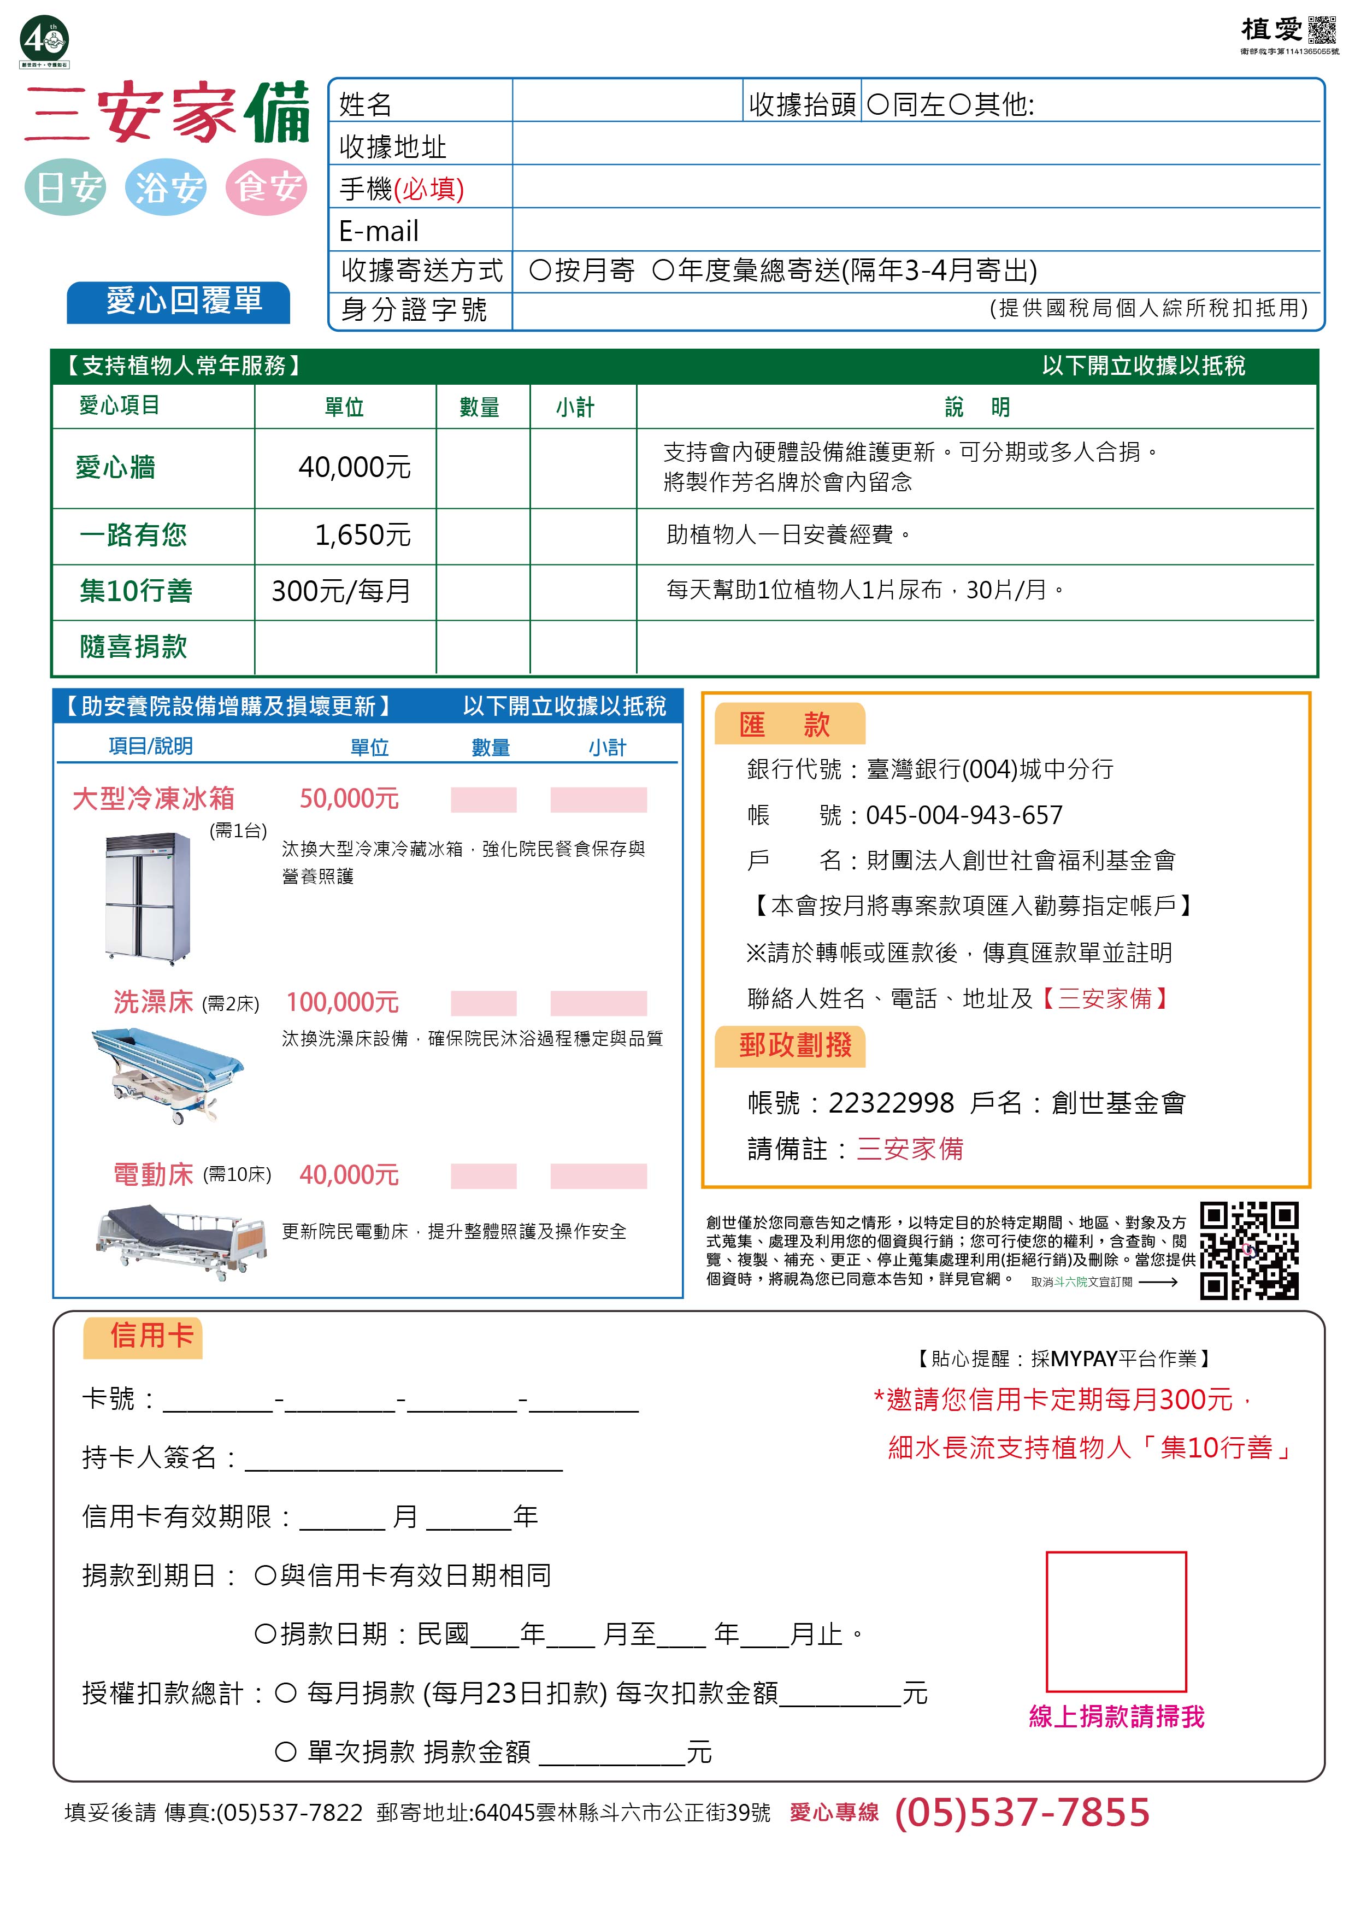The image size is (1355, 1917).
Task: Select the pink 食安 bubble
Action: coord(266,187)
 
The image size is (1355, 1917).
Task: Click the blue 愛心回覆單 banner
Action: coord(179,302)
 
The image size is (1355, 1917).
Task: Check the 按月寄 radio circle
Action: coord(539,270)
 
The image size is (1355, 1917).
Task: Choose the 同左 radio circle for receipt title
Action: coord(877,104)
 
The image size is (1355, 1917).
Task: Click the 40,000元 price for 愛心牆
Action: coord(354,468)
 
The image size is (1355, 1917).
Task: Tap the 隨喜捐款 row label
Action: coord(133,646)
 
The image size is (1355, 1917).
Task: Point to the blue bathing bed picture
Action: coord(168,1075)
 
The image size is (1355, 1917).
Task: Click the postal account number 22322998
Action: coord(890,1103)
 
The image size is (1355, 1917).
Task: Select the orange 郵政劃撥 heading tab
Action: coord(791,1046)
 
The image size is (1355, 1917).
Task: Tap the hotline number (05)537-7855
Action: coord(1021,1813)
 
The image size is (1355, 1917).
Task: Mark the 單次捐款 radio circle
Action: coord(286,1751)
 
